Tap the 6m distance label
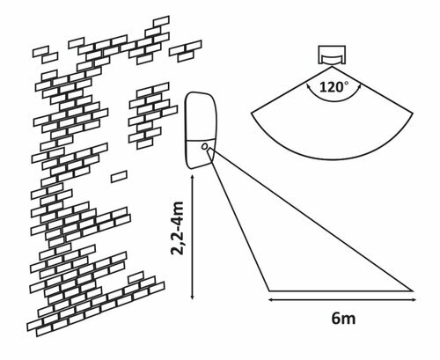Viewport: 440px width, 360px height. [x=343, y=319]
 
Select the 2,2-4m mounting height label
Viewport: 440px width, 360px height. [x=177, y=228]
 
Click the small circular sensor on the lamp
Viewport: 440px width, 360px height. [x=205, y=146]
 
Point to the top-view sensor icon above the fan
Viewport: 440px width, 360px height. [x=332, y=55]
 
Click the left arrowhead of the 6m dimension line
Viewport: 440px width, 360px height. [x=271, y=299]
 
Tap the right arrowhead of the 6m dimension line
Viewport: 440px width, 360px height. [x=414, y=299]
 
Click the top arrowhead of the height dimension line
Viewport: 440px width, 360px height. [x=192, y=178]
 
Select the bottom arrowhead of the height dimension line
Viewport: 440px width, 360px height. [x=192, y=298]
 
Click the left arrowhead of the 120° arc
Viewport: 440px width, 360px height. [x=308, y=85]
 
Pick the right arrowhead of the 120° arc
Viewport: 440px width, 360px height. [x=359, y=86]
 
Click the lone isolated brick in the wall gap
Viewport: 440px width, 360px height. [x=119, y=177]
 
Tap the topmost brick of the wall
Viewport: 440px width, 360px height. [x=161, y=21]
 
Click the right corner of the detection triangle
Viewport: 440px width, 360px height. [x=414, y=290]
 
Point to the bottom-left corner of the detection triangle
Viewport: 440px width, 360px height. [x=269, y=290]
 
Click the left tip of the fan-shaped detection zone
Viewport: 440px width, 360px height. [x=252, y=113]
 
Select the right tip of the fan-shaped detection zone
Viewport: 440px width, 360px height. [x=413, y=113]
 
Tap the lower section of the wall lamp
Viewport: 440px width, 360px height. [x=200, y=154]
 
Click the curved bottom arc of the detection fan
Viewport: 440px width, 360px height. [x=333, y=159]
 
